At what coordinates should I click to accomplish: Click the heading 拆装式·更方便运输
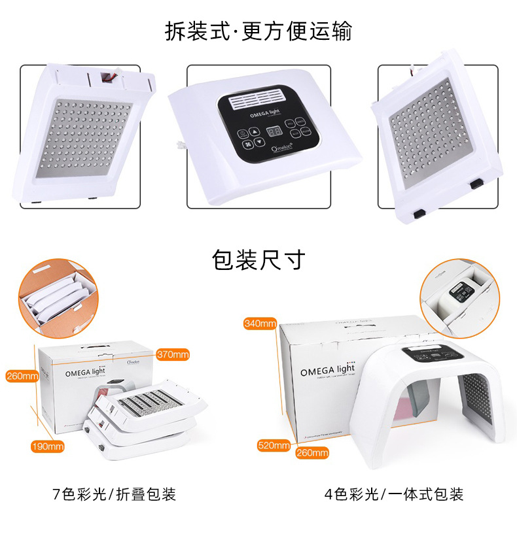258,31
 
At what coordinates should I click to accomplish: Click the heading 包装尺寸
258,260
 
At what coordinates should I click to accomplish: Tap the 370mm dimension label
173,355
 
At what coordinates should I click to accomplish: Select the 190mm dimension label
48,446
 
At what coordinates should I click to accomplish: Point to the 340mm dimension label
260,323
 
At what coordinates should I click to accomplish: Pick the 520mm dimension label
274,446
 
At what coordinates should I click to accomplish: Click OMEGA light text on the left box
90,373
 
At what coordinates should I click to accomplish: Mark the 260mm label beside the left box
21,376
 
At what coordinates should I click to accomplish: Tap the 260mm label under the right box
312,452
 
